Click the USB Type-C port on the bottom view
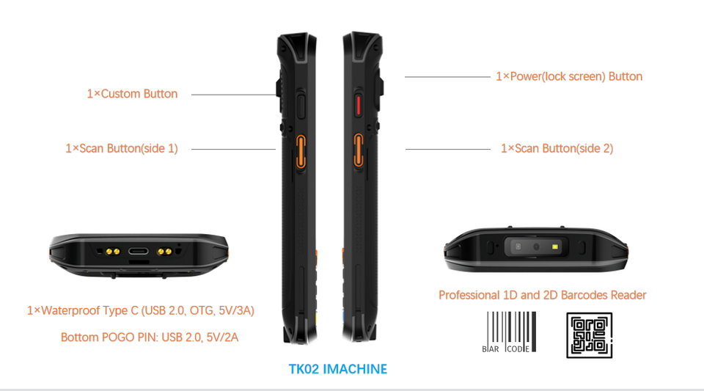pos(137,252)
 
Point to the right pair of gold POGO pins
pos(165,252)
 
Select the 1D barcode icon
pos(510,334)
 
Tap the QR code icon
pos(589,335)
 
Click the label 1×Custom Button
pos(132,94)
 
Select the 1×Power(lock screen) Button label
pos(569,76)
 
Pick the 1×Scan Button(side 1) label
pos(122,148)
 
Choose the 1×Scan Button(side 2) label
pos(557,148)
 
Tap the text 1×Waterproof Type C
pos(82,310)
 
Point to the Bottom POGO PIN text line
pos(150,337)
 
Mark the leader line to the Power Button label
pos(447,76)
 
